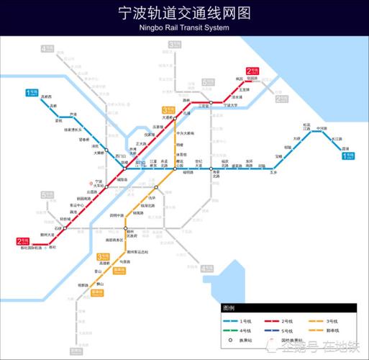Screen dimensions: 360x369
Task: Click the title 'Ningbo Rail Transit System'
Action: coord(184,27)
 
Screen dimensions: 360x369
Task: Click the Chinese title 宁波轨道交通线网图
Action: coord(184,14)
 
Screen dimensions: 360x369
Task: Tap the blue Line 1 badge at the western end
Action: coord(32,92)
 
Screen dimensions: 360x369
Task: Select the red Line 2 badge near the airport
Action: coord(23,241)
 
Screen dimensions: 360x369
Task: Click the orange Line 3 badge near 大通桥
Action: coord(167,109)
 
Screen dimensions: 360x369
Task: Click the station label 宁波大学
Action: coord(229,105)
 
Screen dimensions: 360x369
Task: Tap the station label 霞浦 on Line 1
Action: coord(345,148)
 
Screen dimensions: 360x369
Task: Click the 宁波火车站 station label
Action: coord(99,183)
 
